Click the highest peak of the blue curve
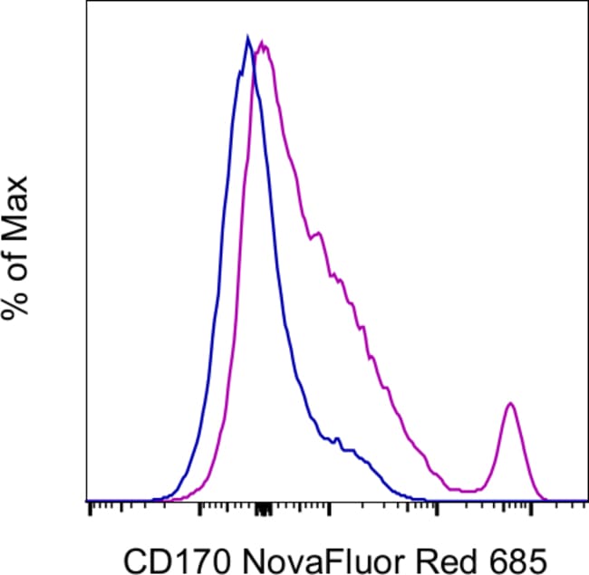click(246, 38)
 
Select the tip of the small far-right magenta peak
click(511, 403)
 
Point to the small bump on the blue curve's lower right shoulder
click(337, 440)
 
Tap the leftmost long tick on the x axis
click(91, 511)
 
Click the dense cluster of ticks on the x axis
click(264, 510)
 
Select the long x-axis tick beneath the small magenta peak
click(530, 511)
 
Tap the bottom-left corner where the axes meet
click(87, 501)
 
